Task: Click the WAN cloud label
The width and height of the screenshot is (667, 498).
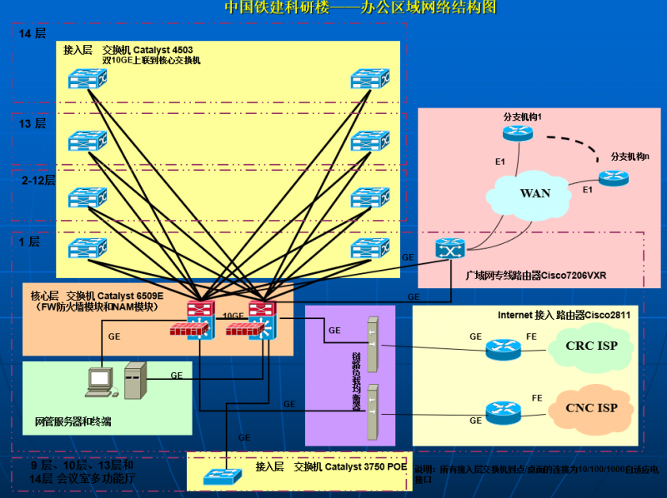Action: pyautogui.click(x=535, y=193)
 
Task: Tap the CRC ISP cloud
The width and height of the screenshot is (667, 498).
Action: pyautogui.click(x=591, y=346)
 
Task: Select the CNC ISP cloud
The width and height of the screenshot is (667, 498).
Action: pyautogui.click(x=591, y=408)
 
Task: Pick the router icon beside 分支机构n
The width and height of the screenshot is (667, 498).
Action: pyautogui.click(x=614, y=177)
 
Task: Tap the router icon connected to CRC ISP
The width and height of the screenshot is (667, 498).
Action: pyautogui.click(x=502, y=347)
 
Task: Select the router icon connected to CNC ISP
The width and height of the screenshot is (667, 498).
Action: pyautogui.click(x=502, y=410)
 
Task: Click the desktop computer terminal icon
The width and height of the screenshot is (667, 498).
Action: pyautogui.click(x=100, y=382)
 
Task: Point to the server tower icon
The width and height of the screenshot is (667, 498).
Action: pyautogui.click(x=135, y=382)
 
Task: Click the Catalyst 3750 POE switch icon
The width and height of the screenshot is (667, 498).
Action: pyautogui.click(x=221, y=476)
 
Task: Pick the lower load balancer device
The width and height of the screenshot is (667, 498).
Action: pyautogui.click(x=373, y=411)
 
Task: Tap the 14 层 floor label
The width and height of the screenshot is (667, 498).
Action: pyautogui.click(x=33, y=34)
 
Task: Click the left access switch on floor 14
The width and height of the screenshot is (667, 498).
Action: pyautogui.click(x=88, y=78)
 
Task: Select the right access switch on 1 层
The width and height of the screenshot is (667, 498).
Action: pyautogui.click(x=369, y=247)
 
